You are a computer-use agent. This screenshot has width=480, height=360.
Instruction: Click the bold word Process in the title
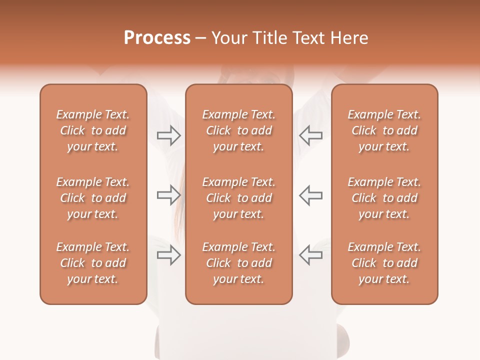click(x=157, y=37)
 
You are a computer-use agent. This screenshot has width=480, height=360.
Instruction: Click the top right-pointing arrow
click(x=169, y=135)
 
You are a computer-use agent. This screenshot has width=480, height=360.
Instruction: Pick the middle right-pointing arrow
click(x=169, y=195)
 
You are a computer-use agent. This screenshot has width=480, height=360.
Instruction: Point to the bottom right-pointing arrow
click(x=169, y=255)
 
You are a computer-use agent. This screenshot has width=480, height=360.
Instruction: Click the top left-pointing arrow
click(x=311, y=135)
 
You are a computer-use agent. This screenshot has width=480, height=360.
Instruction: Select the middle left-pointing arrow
click(x=311, y=195)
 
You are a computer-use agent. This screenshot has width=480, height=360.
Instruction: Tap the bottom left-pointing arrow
click(x=311, y=255)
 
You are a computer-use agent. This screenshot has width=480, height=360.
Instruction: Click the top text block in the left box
click(x=93, y=130)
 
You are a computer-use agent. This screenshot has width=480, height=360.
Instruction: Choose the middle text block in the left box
click(x=93, y=198)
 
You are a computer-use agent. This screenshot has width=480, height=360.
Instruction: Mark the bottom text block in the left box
click(x=93, y=263)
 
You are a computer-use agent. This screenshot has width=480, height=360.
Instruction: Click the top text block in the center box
click(x=238, y=130)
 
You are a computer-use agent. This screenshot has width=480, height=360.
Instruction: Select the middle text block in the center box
click(x=238, y=198)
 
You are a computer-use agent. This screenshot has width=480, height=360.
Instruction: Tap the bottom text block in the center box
click(x=238, y=263)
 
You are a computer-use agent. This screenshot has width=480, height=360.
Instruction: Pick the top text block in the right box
click(x=384, y=130)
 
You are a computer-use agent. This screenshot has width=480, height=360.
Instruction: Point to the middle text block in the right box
click(x=384, y=198)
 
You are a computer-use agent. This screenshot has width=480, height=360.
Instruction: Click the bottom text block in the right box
click(x=384, y=263)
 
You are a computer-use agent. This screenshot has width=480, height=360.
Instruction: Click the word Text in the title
click(x=309, y=37)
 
